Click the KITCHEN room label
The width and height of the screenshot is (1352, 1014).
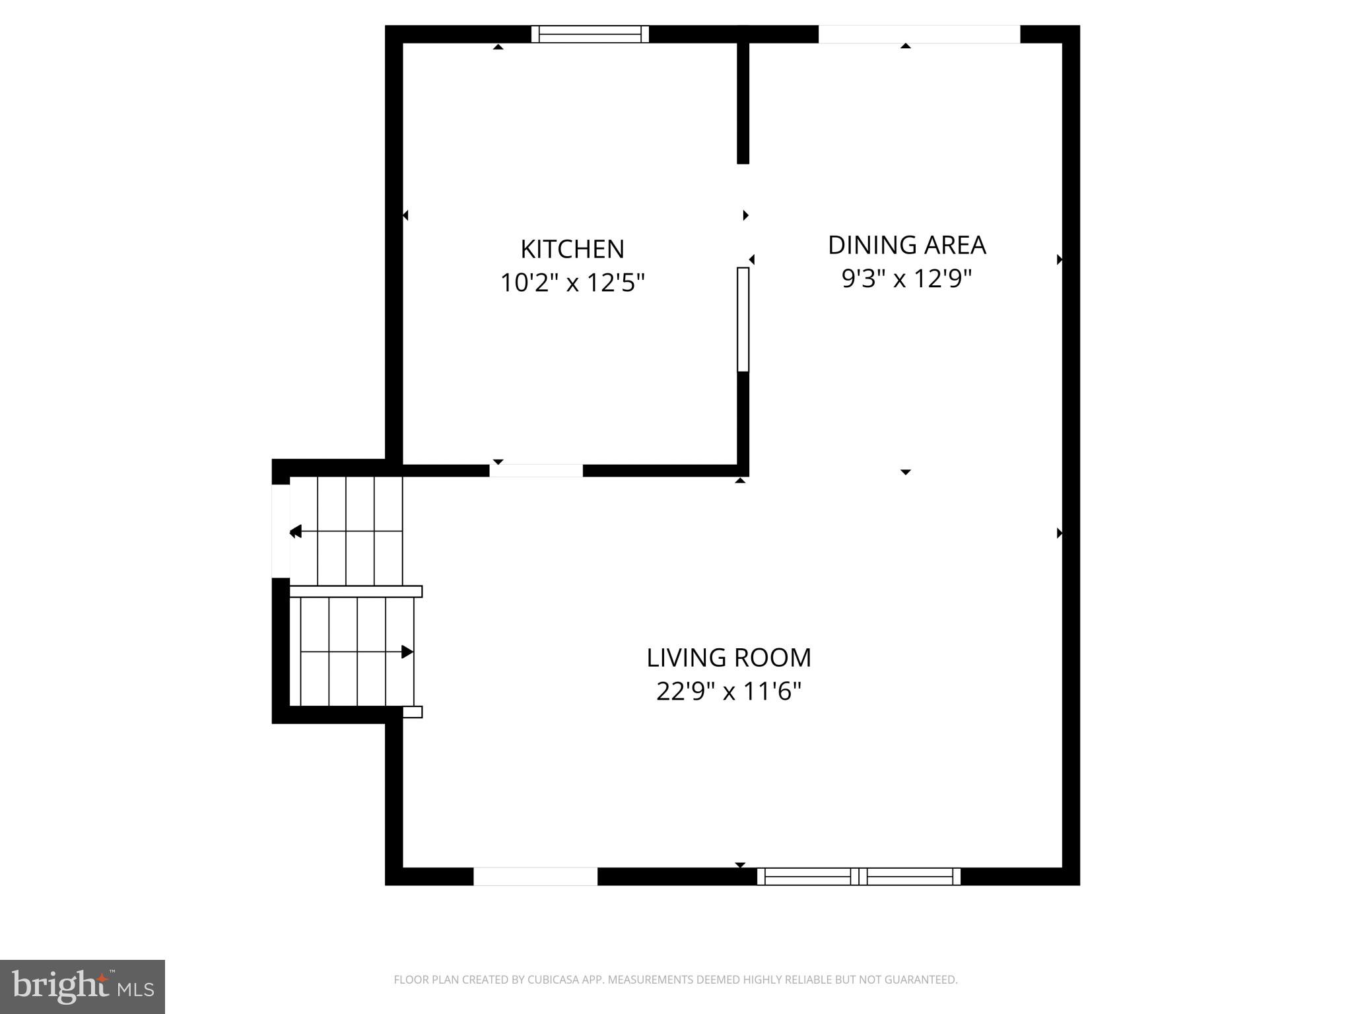pyautogui.click(x=572, y=249)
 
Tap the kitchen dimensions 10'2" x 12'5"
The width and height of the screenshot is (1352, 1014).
pyautogui.click(x=572, y=283)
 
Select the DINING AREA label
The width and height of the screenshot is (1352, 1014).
pyautogui.click(x=906, y=245)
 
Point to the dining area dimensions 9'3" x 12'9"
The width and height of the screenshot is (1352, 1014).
pyautogui.click(x=906, y=279)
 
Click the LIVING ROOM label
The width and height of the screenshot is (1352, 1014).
pyautogui.click(x=728, y=658)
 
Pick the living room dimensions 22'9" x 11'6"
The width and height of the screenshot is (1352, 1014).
pyautogui.click(x=728, y=692)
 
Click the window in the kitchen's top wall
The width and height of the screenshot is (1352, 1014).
pyautogui.click(x=590, y=34)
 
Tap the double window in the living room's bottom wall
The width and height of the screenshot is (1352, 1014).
pyautogui.click(x=858, y=876)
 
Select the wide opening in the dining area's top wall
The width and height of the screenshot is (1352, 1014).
pyautogui.click(x=919, y=34)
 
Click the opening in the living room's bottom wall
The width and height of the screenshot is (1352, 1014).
pyautogui.click(x=535, y=876)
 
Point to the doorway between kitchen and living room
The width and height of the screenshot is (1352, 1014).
pyautogui.click(x=535, y=471)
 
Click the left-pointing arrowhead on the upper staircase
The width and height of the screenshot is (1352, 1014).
pyautogui.click(x=295, y=531)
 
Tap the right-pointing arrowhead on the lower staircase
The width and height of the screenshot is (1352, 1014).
pyautogui.click(x=407, y=652)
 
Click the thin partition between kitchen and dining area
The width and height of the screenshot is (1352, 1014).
pyautogui.click(x=743, y=320)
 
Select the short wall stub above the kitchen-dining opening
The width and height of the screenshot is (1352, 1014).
pyautogui.click(x=743, y=103)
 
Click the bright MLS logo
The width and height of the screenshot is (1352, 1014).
pyautogui.click(x=83, y=986)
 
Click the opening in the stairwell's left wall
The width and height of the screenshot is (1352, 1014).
pyautogui.click(x=281, y=531)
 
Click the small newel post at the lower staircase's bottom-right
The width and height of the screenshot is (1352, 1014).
pyautogui.click(x=413, y=712)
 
